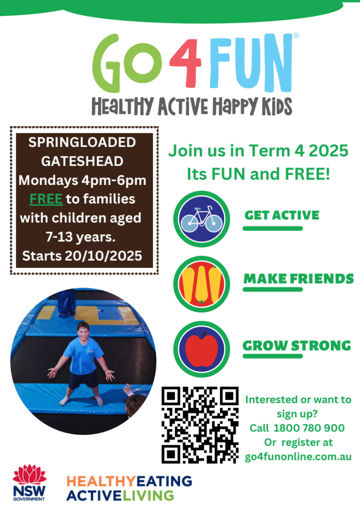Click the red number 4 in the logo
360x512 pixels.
[185, 63]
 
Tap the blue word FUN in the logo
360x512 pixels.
[250, 63]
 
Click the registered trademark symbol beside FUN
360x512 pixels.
[296, 36]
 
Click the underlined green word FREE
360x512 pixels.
[46, 199]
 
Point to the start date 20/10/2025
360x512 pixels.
[103, 256]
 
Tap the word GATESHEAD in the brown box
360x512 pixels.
[82, 161]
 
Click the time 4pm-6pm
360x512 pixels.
[114, 180]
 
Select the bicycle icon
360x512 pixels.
[202, 219]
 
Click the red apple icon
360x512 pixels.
[202, 349]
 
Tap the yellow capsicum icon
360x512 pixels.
[202, 284]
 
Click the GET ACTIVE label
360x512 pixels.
[282, 215]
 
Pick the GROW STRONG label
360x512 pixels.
[296, 346]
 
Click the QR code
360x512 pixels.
[200, 425]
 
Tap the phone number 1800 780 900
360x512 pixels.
[309, 428]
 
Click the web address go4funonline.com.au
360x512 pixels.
[298, 457]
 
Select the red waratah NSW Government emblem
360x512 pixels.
[29, 474]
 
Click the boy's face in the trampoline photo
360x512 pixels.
[83, 332]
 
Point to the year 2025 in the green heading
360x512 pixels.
[328, 151]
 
